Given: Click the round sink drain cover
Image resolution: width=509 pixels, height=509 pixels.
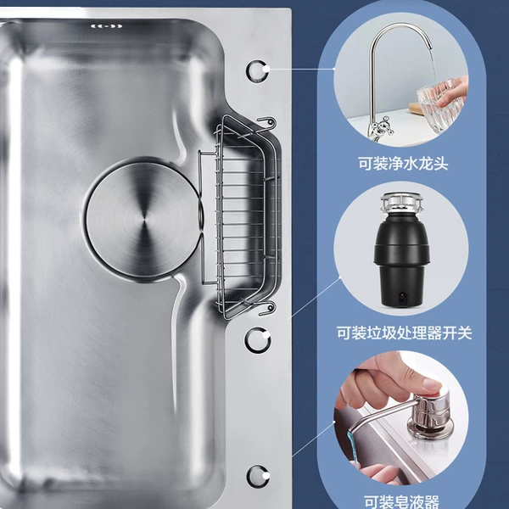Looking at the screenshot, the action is pyautogui.click(x=143, y=220).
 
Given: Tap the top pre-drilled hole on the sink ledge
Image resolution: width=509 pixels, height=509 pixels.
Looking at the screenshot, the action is pyautogui.click(x=257, y=70).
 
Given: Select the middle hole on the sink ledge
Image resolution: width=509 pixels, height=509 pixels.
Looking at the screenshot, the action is pyautogui.click(x=257, y=340).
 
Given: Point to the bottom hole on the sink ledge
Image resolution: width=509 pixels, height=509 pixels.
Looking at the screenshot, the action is pyautogui.click(x=258, y=477).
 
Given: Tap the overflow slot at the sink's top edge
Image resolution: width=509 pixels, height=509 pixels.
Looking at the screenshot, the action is pyautogui.click(x=107, y=26).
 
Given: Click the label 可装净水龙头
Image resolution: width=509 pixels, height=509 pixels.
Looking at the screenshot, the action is pyautogui.click(x=403, y=163).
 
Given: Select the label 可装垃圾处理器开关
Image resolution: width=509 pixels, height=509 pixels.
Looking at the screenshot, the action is pyautogui.click(x=404, y=333).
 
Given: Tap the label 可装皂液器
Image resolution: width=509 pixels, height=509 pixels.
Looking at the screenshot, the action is pyautogui.click(x=401, y=501).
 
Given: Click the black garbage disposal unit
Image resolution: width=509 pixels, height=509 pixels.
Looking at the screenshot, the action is pyautogui.click(x=402, y=250).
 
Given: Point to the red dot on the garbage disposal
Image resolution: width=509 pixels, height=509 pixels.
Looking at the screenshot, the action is pyautogui.click(x=402, y=295).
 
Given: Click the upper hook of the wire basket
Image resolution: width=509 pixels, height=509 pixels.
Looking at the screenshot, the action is pyautogui.click(x=267, y=123).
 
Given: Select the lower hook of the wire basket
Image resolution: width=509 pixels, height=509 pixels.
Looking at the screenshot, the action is pyautogui.click(x=268, y=309).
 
